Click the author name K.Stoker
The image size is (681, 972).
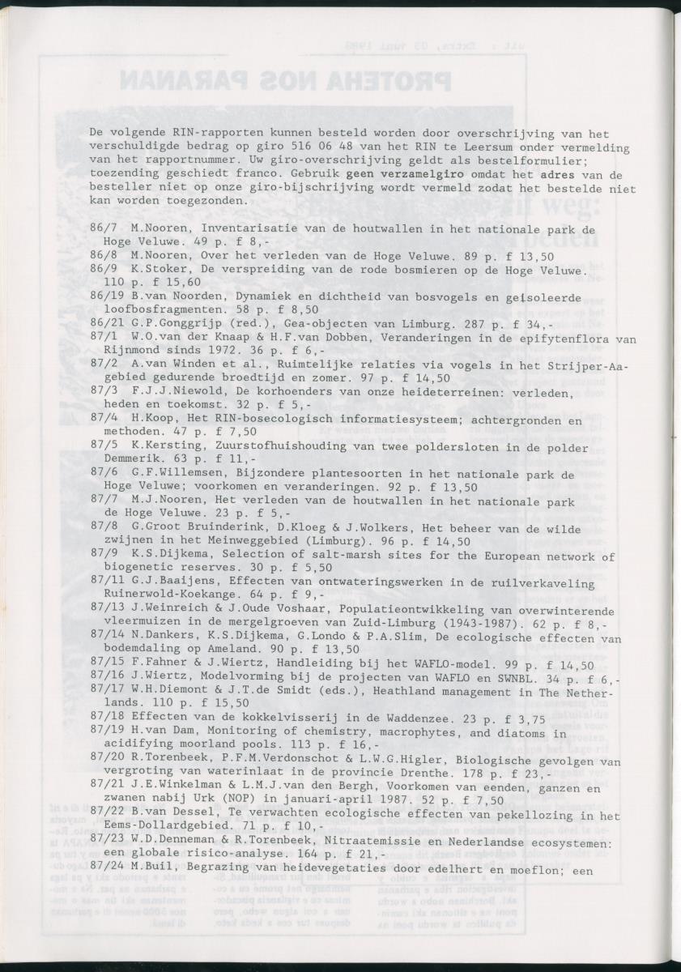[159, 270]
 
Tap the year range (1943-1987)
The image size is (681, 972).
[427, 624]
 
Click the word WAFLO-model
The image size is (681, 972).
[397, 665]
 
